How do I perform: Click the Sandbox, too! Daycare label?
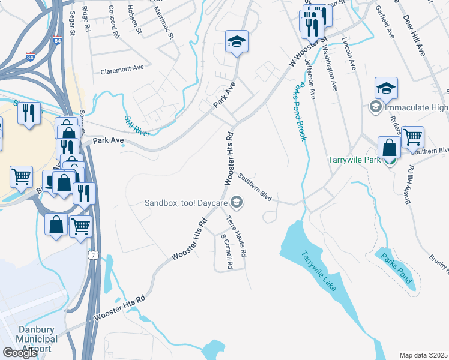[186, 203]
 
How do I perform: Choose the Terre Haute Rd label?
[237, 237]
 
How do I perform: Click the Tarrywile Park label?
[354, 160]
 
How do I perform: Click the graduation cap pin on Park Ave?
[237, 42]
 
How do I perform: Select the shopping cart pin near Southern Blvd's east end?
[412, 137]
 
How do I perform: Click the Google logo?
[20, 353]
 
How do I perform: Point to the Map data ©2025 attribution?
[424, 355]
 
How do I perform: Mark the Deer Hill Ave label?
[413, 35]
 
